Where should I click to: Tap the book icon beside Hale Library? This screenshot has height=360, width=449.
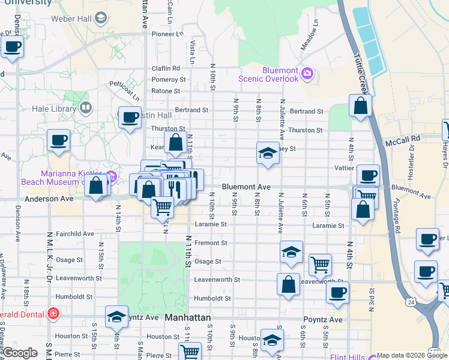[x=86, y=108]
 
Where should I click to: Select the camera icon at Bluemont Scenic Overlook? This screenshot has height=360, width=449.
[x=307, y=73]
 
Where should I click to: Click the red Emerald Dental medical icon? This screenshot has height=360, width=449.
[x=53, y=313]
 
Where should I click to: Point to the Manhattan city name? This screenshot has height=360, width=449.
[x=188, y=317]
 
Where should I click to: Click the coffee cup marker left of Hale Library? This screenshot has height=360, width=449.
[x=58, y=140]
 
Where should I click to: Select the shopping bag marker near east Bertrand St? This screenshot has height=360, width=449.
[x=360, y=106]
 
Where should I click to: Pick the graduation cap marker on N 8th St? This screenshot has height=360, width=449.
[x=268, y=153]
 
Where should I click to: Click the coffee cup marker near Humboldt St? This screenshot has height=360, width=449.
[x=337, y=292]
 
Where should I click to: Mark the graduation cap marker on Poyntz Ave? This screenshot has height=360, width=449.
[x=116, y=316]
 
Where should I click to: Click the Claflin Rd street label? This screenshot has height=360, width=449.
[x=166, y=68]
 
